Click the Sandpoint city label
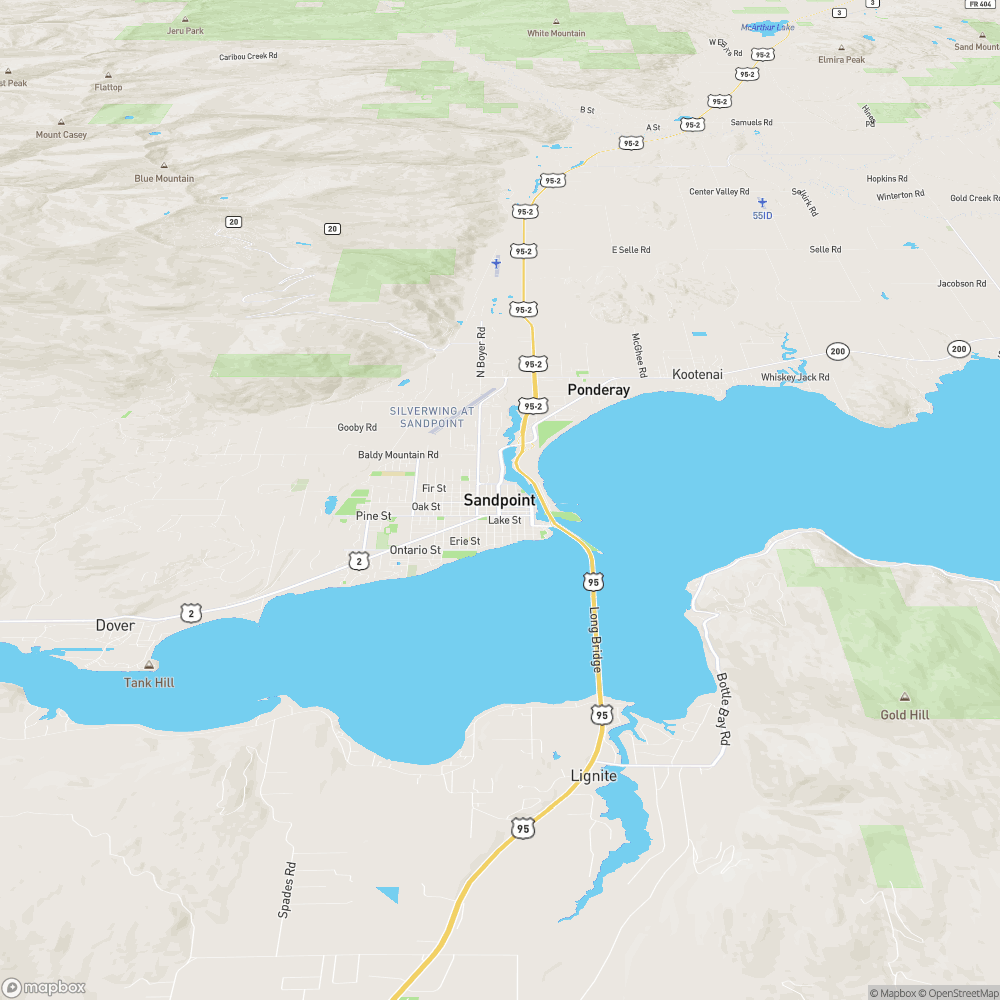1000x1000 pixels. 499,500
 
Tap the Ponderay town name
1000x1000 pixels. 599,390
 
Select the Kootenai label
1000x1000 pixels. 697,374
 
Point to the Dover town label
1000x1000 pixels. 115,625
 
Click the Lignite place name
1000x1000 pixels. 593,776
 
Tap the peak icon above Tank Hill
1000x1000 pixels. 150,665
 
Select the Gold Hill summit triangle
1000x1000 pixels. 905,697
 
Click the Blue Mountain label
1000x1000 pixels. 164,179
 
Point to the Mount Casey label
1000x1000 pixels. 61,135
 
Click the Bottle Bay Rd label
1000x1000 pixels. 723,708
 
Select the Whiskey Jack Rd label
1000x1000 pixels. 795,377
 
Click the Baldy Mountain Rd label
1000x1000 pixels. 398,455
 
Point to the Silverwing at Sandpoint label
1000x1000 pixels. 431,417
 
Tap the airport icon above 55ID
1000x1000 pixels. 762,202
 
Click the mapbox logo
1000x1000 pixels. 44,987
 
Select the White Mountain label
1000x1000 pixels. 556,33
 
